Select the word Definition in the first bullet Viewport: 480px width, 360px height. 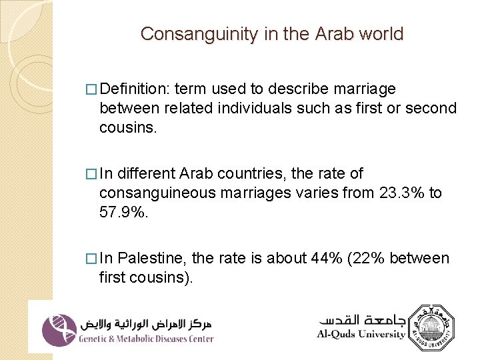click(135, 89)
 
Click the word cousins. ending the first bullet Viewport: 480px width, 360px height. click(128, 127)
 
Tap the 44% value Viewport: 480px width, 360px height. click(326, 258)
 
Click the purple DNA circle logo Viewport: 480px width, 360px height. click(59, 330)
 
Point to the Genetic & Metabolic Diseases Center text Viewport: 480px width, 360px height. click(146, 339)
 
